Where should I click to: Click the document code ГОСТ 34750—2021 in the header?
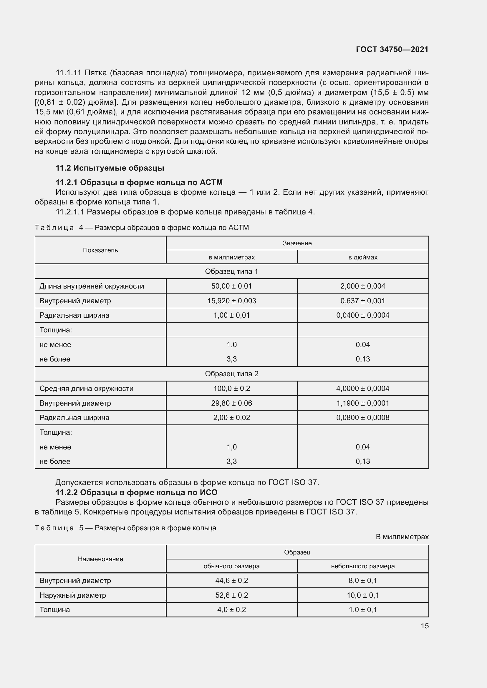(x=392, y=49)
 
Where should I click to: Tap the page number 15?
(x=425, y=626)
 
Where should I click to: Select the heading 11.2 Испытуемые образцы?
(x=110, y=168)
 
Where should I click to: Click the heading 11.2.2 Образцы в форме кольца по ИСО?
(x=136, y=492)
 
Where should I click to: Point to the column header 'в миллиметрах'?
(x=231, y=257)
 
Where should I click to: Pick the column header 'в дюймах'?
(x=362, y=257)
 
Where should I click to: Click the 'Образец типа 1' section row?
(x=231, y=271)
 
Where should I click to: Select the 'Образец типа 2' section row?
(x=231, y=374)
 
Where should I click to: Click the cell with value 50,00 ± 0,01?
(x=231, y=286)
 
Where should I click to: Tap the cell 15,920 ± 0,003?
(x=231, y=301)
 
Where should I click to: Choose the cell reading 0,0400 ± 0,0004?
(x=362, y=315)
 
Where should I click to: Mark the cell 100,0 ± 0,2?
(x=231, y=389)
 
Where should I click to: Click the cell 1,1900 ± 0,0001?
(x=362, y=403)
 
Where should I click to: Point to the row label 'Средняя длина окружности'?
(x=86, y=389)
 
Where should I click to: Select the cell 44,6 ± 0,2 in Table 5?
(x=231, y=581)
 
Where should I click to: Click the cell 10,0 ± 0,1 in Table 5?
(x=362, y=595)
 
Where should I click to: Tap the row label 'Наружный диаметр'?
(x=72, y=595)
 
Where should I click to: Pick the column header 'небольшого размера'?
(x=362, y=566)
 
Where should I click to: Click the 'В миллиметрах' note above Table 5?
(x=402, y=537)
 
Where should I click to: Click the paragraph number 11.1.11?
(x=69, y=73)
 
